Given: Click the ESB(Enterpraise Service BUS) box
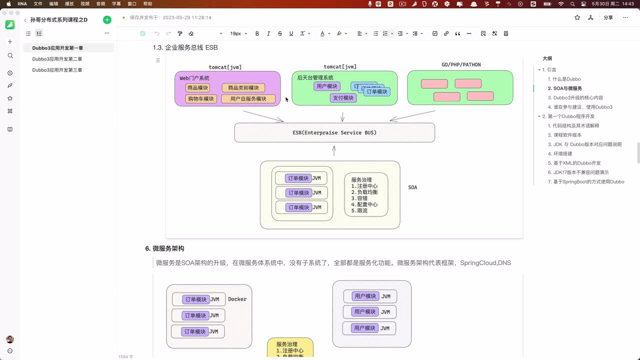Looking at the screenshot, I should [x=334, y=133].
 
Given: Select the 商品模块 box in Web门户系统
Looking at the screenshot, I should [x=197, y=88].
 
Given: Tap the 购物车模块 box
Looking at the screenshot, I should [x=201, y=99].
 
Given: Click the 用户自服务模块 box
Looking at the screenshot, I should [x=248, y=99].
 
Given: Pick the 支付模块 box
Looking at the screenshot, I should [x=342, y=98].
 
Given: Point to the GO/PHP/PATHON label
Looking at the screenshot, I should [x=461, y=65].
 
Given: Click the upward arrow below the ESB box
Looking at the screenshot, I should [x=334, y=150].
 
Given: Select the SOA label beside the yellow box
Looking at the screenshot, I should [x=412, y=187].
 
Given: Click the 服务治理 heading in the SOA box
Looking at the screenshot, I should [x=361, y=180].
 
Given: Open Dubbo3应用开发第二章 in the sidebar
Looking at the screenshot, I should [x=57, y=59].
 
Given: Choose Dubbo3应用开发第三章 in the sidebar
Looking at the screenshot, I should [x=57, y=70].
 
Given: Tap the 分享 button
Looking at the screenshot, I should [x=608, y=17].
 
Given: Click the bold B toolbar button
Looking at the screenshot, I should [x=257, y=33].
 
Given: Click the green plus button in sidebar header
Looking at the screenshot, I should [x=107, y=20].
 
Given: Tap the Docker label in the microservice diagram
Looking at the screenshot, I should [x=237, y=299].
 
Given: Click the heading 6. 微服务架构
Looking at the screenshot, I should [x=165, y=248].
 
